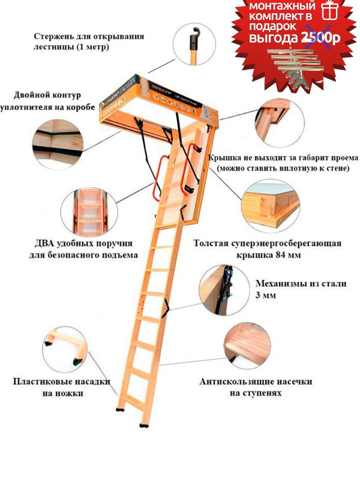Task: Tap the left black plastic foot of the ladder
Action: pyautogui.click(x=122, y=412)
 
